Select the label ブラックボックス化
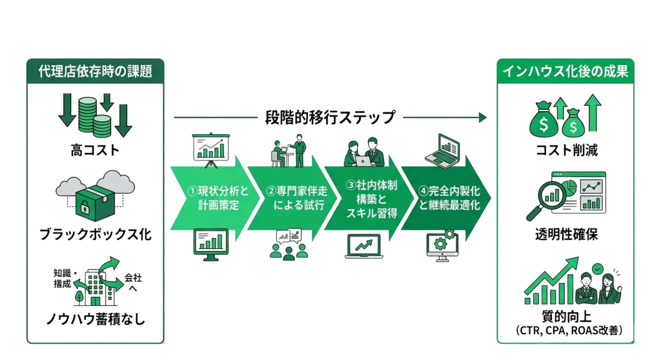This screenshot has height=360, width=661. click(94, 234)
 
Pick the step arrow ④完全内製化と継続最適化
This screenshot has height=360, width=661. click(442, 197)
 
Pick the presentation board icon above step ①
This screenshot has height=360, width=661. click(208, 148)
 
